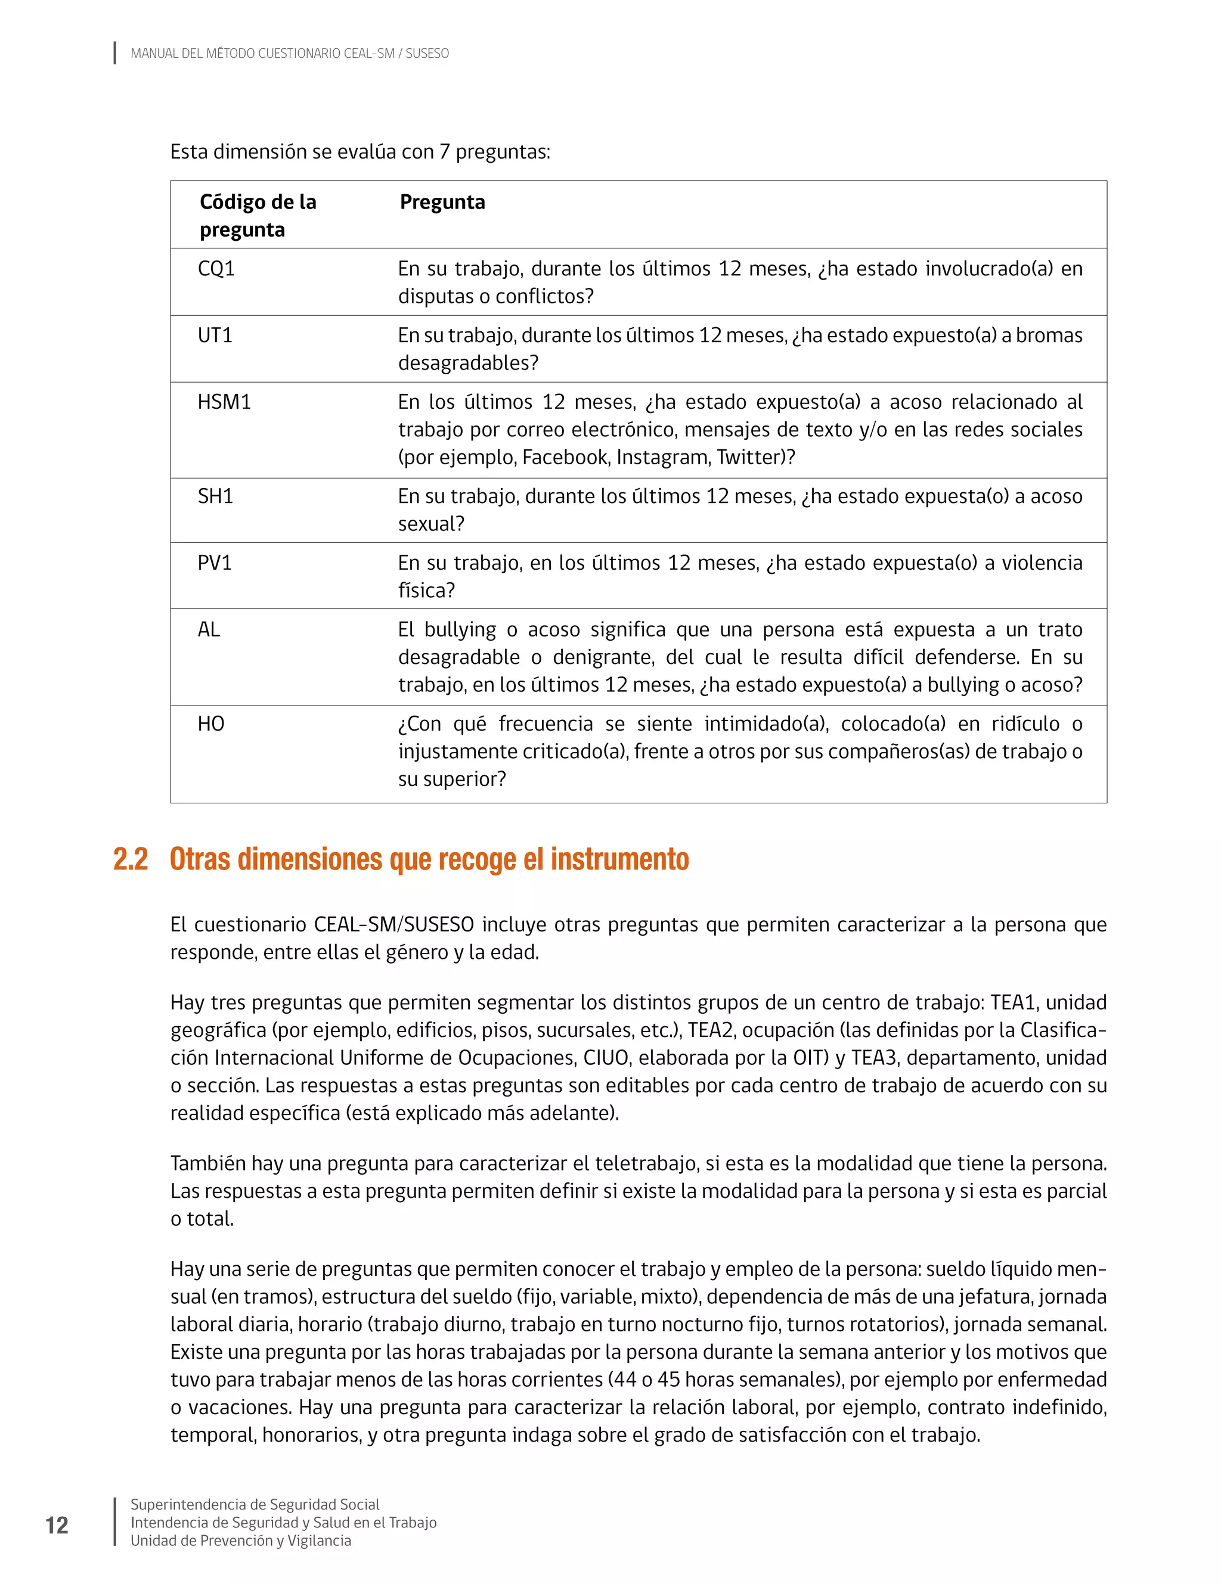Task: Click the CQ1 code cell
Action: click(x=216, y=269)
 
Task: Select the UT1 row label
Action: click(x=215, y=336)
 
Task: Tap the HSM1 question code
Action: click(x=224, y=402)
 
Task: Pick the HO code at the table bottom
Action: click(x=211, y=725)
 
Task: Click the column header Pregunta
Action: click(x=442, y=203)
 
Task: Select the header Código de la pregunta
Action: click(x=258, y=215)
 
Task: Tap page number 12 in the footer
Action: click(x=57, y=1525)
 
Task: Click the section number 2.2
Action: click(x=131, y=859)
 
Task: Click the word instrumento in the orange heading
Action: click(x=619, y=859)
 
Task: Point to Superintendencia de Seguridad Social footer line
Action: click(x=255, y=1505)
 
